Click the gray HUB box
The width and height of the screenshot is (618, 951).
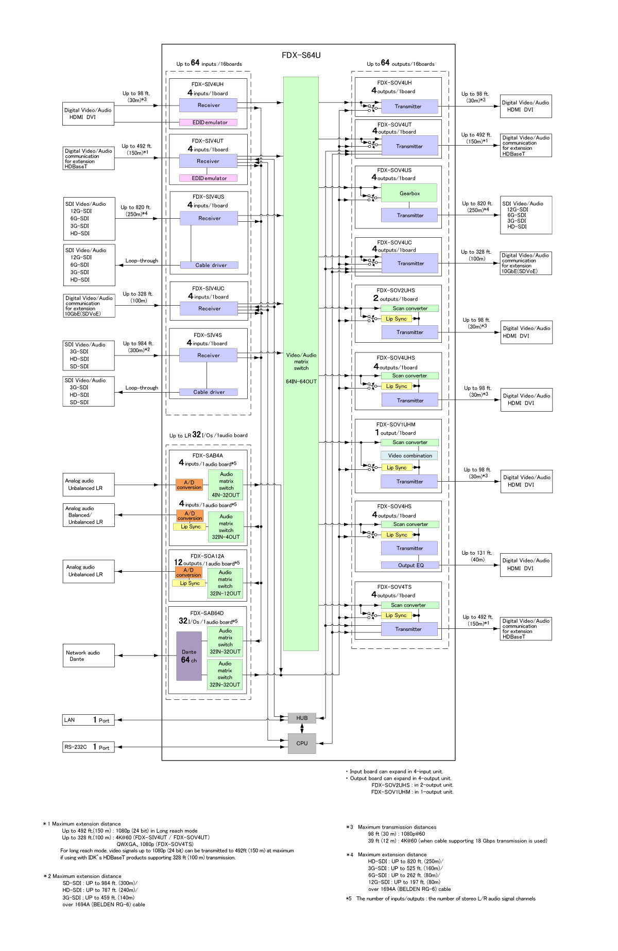(x=302, y=718)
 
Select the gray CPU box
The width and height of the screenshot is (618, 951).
(x=302, y=743)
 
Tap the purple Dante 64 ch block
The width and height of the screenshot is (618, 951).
(x=189, y=656)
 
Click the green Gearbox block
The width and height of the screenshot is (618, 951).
(x=409, y=193)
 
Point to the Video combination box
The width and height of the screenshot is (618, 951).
(x=410, y=455)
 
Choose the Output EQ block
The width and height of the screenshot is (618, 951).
(x=410, y=565)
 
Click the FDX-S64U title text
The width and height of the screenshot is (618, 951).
(x=301, y=55)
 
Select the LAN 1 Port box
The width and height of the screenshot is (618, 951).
(x=88, y=720)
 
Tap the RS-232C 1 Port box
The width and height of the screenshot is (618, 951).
(x=88, y=747)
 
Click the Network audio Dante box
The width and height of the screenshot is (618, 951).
(x=89, y=656)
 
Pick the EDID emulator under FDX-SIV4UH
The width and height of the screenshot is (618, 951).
(x=209, y=122)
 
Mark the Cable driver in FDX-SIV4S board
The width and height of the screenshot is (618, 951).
(x=209, y=392)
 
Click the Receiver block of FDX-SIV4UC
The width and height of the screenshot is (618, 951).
(x=209, y=309)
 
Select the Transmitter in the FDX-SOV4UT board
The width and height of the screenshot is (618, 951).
(x=409, y=146)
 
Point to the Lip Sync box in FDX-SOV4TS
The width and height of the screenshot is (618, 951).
(x=396, y=615)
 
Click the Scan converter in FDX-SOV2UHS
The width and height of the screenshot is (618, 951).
(x=410, y=308)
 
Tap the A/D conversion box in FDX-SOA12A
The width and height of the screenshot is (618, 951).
(x=188, y=572)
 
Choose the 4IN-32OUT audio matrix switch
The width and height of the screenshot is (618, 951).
(x=226, y=485)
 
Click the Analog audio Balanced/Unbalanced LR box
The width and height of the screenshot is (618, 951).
(x=89, y=515)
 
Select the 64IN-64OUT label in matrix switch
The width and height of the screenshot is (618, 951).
(x=301, y=381)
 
